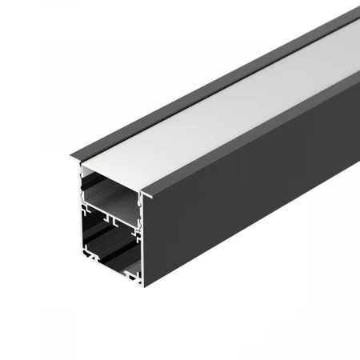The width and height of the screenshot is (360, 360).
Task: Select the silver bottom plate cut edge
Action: click(112, 281)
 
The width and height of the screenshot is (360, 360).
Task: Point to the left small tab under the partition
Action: click(96, 220)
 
